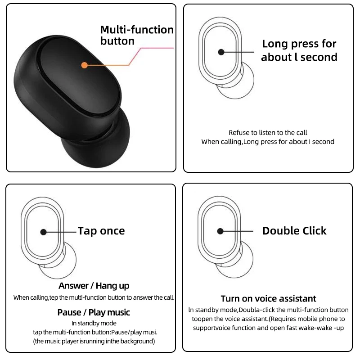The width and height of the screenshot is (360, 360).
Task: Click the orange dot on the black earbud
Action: (84, 65)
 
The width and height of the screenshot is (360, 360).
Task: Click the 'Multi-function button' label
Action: (136, 36)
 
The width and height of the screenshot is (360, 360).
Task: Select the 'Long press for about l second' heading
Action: (299, 50)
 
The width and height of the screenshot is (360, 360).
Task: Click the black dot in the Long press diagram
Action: (221, 52)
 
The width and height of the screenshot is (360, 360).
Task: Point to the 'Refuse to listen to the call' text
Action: (268, 132)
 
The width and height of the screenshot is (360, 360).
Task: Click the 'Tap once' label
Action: (101, 231)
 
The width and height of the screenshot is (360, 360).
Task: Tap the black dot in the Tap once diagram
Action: (43, 232)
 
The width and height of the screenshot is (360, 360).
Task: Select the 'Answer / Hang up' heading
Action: (94, 286)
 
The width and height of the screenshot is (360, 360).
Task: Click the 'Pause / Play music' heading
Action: (94, 312)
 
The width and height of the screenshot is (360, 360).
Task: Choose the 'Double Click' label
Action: (294, 231)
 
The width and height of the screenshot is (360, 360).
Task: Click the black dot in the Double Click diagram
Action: (220, 231)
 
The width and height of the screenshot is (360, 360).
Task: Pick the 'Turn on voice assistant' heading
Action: (268, 299)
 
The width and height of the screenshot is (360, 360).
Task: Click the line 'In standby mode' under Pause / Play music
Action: (94, 323)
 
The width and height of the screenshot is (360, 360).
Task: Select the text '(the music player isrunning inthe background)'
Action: (94, 341)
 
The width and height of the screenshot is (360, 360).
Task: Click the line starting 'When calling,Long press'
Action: (268, 142)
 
